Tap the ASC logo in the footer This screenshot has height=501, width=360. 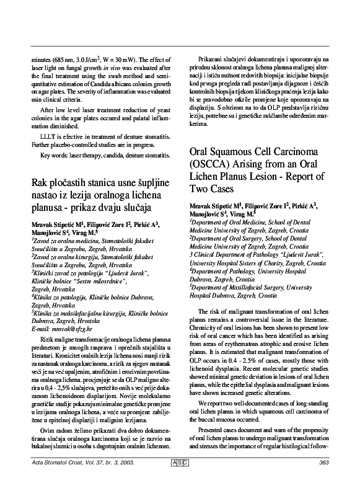tap(180, 479)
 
